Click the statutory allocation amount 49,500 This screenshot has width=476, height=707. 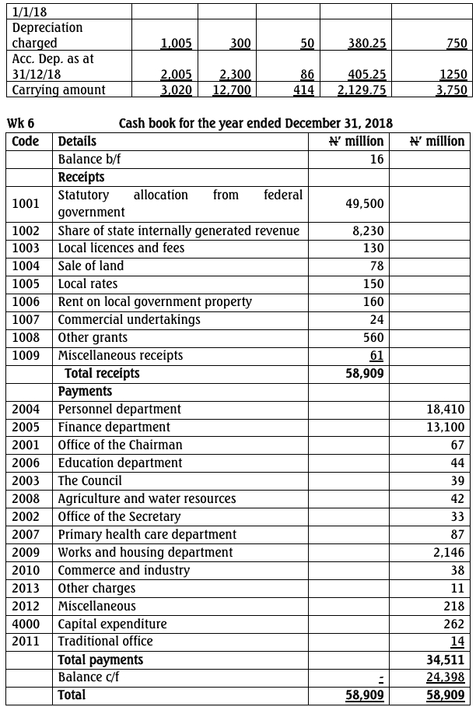click(x=365, y=203)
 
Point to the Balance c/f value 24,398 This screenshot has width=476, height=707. click(x=446, y=677)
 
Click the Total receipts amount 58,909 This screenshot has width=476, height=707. click(x=365, y=374)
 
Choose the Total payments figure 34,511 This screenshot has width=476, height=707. click(x=446, y=660)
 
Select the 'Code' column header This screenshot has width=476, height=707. click(x=26, y=141)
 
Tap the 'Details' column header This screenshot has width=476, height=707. click(x=78, y=141)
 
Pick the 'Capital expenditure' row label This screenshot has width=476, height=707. click(x=112, y=624)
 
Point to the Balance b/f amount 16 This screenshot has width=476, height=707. click(x=376, y=160)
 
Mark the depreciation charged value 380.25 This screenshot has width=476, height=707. click(x=367, y=44)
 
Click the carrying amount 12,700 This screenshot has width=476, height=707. click(x=232, y=90)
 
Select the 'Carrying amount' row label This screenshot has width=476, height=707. click(x=58, y=90)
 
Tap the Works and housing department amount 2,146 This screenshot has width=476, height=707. click(x=449, y=553)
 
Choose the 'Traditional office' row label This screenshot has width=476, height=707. click(x=106, y=642)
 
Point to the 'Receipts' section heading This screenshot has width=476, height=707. click(x=82, y=177)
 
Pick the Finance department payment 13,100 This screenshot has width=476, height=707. click(x=446, y=427)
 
